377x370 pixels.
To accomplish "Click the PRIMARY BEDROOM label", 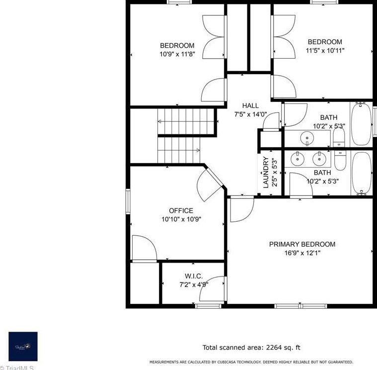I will (302, 244).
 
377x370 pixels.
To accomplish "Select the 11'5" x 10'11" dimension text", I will (324, 50).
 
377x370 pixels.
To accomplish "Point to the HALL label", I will (250, 105).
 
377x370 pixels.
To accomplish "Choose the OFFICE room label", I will (181, 210).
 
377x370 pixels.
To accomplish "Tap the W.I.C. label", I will (194, 276).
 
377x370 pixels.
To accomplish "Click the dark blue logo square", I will (23, 346).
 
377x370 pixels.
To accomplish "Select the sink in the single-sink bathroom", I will (307, 138).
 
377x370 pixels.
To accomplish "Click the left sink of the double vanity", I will (298, 159).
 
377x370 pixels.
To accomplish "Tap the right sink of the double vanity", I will (318, 159).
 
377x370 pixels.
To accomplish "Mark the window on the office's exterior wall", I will (128, 202).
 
